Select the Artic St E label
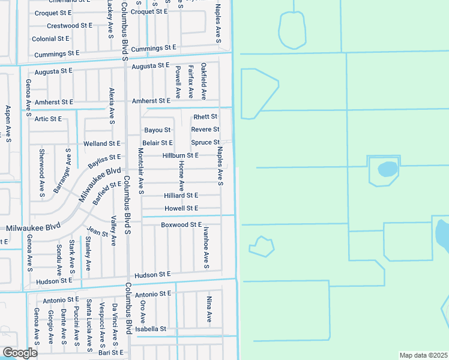click(x=48, y=119)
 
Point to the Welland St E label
click(x=102, y=144)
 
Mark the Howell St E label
click(x=181, y=208)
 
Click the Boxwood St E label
click(x=181, y=224)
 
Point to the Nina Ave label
click(x=209, y=310)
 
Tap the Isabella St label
click(x=150, y=329)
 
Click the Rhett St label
click(x=205, y=116)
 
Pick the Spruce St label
click(x=205, y=142)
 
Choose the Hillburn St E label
click(x=180, y=155)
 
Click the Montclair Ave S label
click(x=140, y=171)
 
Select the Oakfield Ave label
click(x=204, y=81)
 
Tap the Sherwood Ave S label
click(x=42, y=173)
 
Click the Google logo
click(x=20, y=352)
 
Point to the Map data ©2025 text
click(x=423, y=355)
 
